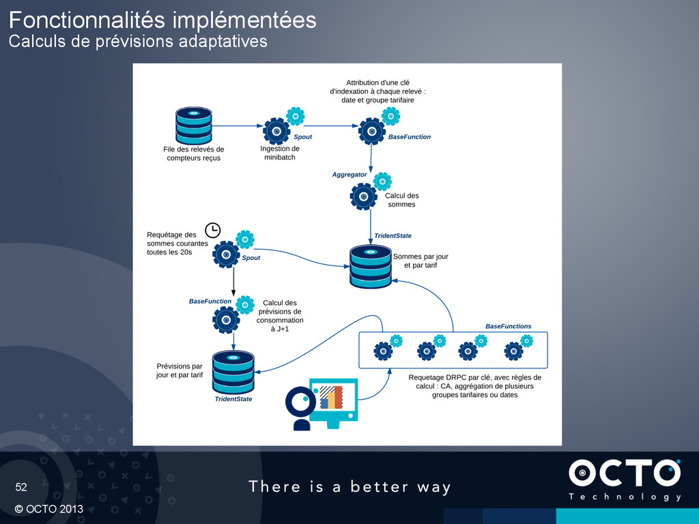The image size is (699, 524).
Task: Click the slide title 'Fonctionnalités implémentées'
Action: coord(162,20)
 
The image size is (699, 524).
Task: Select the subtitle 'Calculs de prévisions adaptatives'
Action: coord(137,42)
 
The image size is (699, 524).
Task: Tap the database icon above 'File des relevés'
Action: coord(193,125)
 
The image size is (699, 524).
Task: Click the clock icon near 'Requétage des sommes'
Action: coord(212,230)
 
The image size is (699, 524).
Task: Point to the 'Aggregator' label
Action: coord(349,175)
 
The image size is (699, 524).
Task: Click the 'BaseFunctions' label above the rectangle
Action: coord(508,326)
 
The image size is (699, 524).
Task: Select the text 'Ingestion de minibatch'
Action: coord(280,153)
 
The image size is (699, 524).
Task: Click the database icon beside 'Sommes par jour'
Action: coord(371,266)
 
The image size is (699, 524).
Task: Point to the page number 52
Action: coord(22,487)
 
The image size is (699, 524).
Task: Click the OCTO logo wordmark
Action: coord(624,474)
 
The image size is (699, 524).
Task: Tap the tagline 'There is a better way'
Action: coord(349,486)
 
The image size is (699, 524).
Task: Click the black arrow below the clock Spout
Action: coord(233,281)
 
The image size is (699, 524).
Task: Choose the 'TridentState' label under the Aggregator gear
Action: coord(393,235)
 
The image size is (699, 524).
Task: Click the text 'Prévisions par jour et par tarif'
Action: coord(180,370)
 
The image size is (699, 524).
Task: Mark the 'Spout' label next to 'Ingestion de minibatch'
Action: coord(302,137)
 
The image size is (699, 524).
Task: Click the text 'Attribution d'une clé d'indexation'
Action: coord(377,91)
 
